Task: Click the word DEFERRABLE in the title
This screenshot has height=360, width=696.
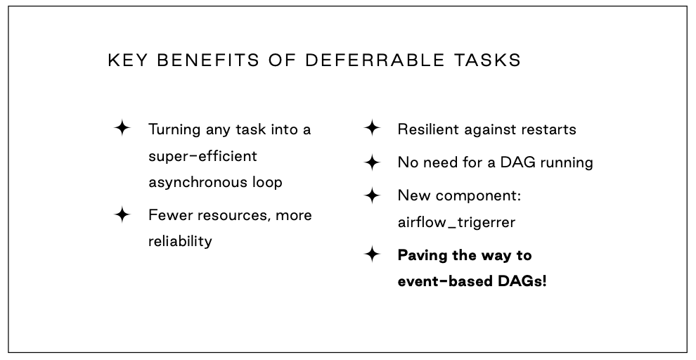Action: pyautogui.click(x=375, y=60)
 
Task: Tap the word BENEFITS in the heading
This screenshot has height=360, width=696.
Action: pyautogui.click(x=208, y=60)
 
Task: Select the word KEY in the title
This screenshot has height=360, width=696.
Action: pyautogui.click(x=127, y=60)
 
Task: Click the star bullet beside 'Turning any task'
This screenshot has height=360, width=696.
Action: pyautogui.click(x=122, y=128)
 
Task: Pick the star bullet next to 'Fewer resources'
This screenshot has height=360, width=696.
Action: pyautogui.click(x=122, y=215)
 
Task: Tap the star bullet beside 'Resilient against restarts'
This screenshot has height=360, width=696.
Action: pyautogui.click(x=372, y=128)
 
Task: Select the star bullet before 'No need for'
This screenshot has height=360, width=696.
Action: pyautogui.click(x=372, y=162)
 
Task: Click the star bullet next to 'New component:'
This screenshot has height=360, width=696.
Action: pyautogui.click(x=372, y=195)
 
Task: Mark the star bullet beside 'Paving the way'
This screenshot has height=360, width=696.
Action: pyautogui.click(x=372, y=255)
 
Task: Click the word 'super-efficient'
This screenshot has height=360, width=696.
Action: pyautogui.click(x=202, y=157)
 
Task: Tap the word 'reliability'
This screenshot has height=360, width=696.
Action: pyautogui.click(x=180, y=241)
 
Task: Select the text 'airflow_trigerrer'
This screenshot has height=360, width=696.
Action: pyautogui.click(x=456, y=222)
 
